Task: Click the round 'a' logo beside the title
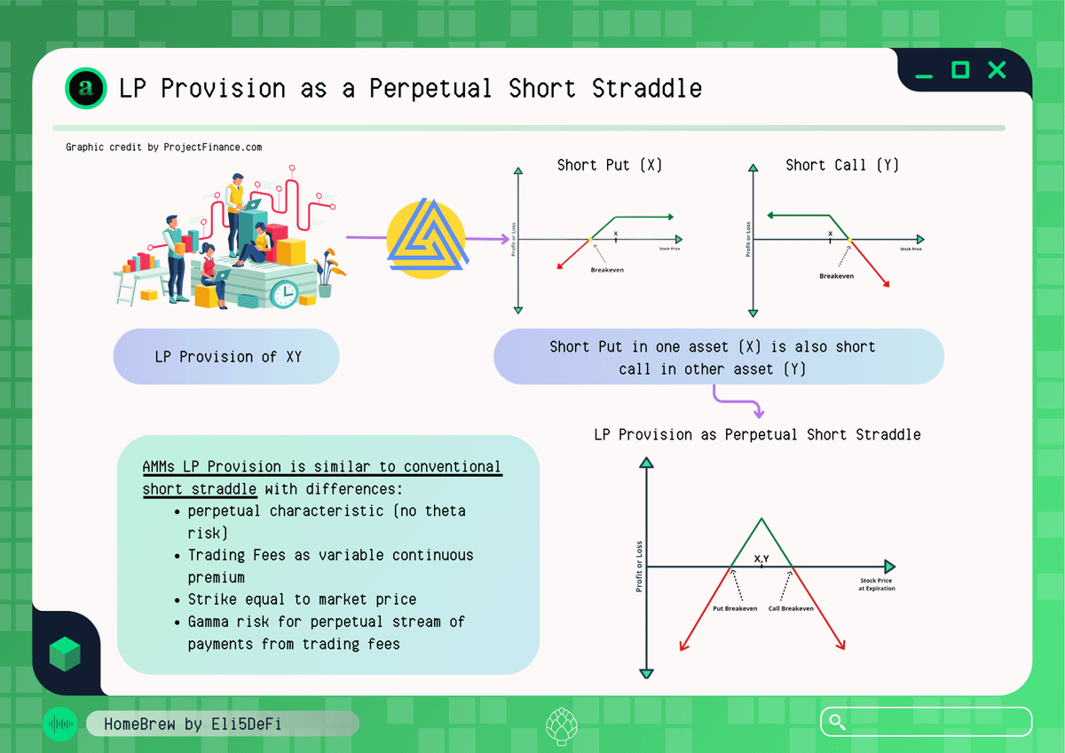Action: point(85,88)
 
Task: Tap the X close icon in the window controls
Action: point(997,70)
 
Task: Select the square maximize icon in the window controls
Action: point(960,70)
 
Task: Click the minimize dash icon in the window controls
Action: point(924,76)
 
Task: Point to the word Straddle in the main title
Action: point(647,89)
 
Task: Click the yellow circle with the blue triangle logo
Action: point(427,239)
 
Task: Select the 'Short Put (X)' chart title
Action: point(609,165)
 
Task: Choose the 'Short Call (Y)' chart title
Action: point(842,165)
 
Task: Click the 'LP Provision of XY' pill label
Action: point(226,356)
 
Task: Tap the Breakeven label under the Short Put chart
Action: point(607,270)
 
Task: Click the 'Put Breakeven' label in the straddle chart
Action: point(735,608)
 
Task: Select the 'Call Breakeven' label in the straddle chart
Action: point(791,608)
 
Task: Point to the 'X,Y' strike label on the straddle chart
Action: point(761,559)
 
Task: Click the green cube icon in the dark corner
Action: point(65,654)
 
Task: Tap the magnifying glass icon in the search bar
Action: point(837,722)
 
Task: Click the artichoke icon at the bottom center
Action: point(562,725)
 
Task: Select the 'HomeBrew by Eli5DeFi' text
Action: point(193,724)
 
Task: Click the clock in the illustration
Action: point(284,294)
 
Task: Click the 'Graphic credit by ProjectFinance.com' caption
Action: point(163,147)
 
